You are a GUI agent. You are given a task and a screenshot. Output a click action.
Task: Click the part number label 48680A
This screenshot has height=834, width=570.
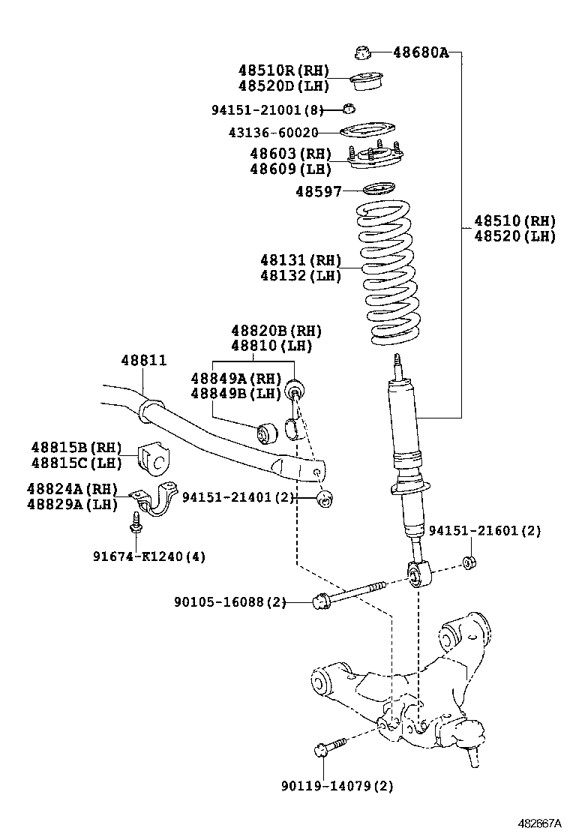(421, 52)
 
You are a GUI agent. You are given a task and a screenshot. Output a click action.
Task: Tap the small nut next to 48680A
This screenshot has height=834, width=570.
(362, 52)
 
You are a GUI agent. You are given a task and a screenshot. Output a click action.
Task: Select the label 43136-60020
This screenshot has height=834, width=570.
(273, 132)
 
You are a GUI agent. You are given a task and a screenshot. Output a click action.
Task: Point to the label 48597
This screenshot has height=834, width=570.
(319, 191)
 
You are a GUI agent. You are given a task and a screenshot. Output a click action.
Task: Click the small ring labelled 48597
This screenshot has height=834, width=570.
(379, 189)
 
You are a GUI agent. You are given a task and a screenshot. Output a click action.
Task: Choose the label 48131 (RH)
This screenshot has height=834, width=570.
(301, 260)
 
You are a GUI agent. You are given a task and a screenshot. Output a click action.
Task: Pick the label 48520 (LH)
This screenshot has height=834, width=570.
(514, 235)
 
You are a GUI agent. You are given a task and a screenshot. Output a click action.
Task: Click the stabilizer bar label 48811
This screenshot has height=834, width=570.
(143, 360)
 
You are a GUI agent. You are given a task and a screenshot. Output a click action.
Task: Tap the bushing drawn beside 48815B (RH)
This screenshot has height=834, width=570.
(155, 458)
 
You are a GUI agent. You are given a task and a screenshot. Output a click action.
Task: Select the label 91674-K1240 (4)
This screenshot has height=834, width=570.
(149, 556)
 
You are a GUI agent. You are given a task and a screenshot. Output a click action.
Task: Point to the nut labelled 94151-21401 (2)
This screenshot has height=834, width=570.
(324, 499)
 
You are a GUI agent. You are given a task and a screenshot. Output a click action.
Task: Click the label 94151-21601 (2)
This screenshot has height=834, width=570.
(485, 531)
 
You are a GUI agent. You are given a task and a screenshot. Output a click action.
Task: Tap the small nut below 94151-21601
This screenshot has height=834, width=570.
(469, 562)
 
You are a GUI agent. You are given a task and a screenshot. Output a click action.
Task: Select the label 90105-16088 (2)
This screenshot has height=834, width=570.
(230, 602)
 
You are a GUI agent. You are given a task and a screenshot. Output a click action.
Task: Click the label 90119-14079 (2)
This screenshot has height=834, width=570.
(337, 785)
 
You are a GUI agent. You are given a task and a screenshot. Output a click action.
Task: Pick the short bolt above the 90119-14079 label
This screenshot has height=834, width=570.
(330, 745)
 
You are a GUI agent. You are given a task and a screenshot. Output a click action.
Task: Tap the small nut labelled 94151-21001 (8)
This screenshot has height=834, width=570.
(348, 109)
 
